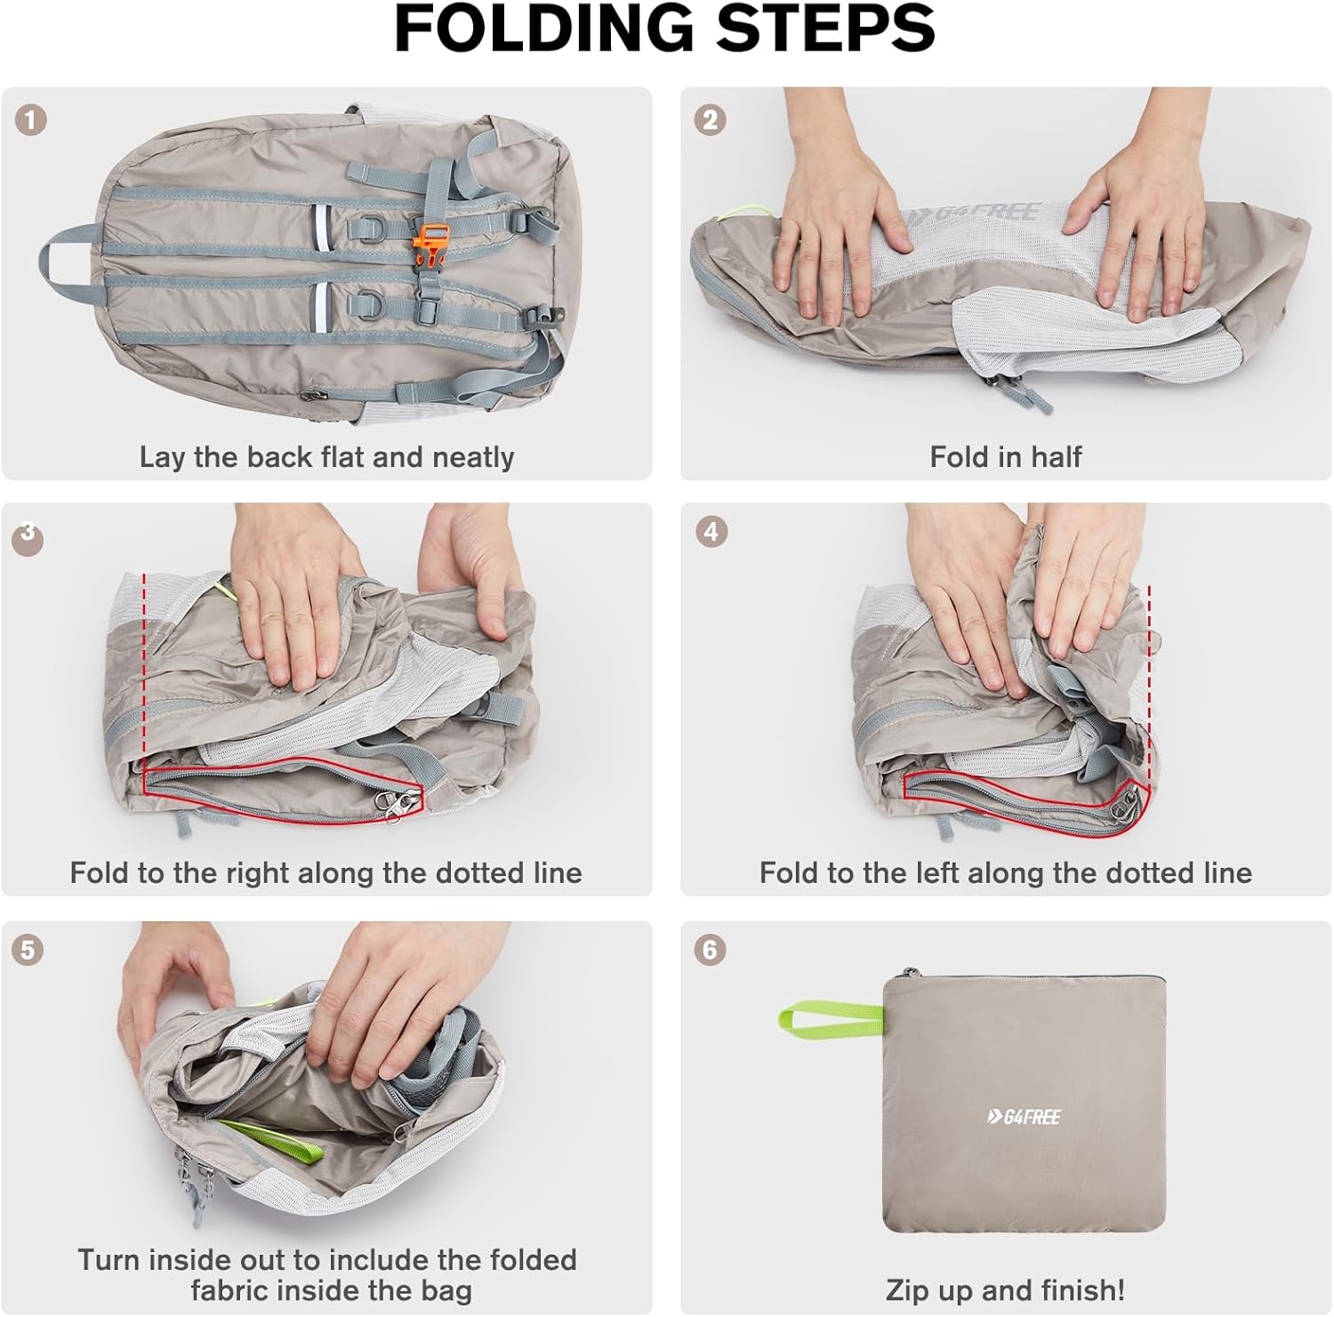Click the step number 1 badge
click(31, 120)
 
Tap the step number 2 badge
click(710, 120)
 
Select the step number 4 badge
click(710, 533)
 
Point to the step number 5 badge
click(28, 950)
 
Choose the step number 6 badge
click(710, 950)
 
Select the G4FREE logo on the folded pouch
click(1024, 1117)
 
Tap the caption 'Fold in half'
click(1005, 457)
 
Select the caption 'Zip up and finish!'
click(1005, 1289)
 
